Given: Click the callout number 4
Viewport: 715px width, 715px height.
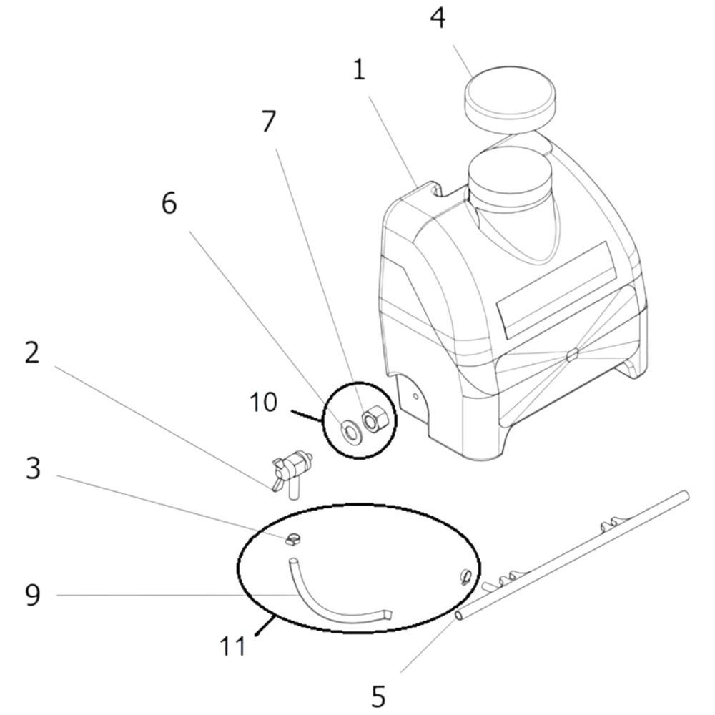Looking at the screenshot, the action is click(438, 19).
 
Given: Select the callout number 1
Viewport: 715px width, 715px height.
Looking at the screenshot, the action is click(360, 71).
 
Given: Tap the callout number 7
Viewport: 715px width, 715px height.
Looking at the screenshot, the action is click(269, 122).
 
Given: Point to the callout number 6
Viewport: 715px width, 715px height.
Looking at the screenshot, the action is click(169, 203).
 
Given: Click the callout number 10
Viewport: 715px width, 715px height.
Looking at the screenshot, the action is click(263, 402).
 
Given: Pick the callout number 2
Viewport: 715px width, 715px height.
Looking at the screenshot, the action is click(32, 352).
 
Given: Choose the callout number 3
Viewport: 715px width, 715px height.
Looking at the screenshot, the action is click(33, 468).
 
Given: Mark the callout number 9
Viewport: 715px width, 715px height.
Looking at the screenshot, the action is click(33, 595).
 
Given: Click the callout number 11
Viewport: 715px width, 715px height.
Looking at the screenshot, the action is click(232, 646).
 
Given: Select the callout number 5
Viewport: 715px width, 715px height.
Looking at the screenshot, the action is click(378, 696).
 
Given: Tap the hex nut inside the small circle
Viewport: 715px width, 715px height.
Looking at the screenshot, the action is click(375, 418).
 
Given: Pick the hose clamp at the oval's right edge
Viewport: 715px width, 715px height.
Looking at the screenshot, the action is click(465, 576).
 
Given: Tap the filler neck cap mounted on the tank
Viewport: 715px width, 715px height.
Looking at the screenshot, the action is click(511, 178).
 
